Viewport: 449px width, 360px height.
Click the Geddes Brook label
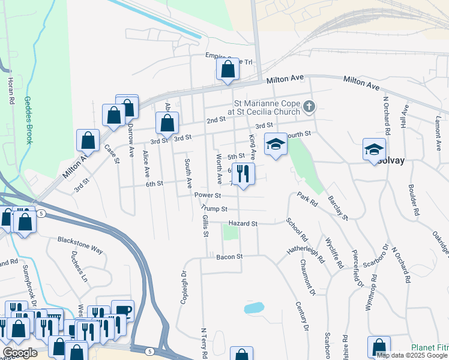tap(28, 121)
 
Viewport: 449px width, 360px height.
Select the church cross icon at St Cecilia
tap(309, 107)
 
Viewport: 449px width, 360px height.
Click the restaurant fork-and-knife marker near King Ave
tap(243, 174)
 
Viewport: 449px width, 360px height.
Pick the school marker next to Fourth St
tap(276, 144)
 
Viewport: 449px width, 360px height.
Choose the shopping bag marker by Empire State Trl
tap(228, 69)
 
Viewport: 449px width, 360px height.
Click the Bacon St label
tap(229, 256)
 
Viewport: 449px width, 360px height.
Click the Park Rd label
tap(306, 200)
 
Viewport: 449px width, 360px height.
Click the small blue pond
tap(253, 308)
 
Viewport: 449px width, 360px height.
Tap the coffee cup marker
tap(122, 310)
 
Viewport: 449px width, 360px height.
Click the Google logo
tap(20, 353)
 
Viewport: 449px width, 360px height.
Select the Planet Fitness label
tap(429, 347)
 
